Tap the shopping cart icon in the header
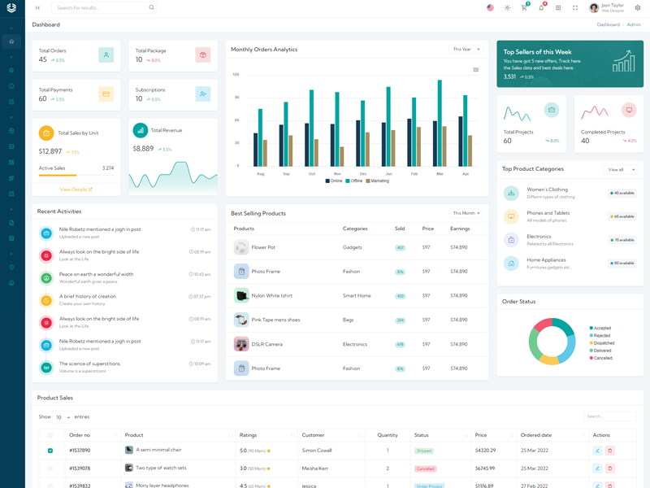(x=524, y=7)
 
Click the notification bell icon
(x=541, y=7)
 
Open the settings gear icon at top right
(x=638, y=7)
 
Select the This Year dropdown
(x=466, y=50)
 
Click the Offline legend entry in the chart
(x=353, y=181)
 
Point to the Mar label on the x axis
(x=440, y=173)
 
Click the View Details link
(x=76, y=190)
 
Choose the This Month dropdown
(x=466, y=213)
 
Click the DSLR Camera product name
(x=267, y=344)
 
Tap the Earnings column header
(x=459, y=229)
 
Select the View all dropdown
(x=621, y=169)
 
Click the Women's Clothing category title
(x=547, y=190)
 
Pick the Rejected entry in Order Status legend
(x=601, y=335)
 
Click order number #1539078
(x=80, y=468)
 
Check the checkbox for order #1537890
(x=50, y=451)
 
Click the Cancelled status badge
(x=425, y=468)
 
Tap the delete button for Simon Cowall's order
(x=610, y=451)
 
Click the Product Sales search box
(x=610, y=416)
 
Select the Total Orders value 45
(x=43, y=59)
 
